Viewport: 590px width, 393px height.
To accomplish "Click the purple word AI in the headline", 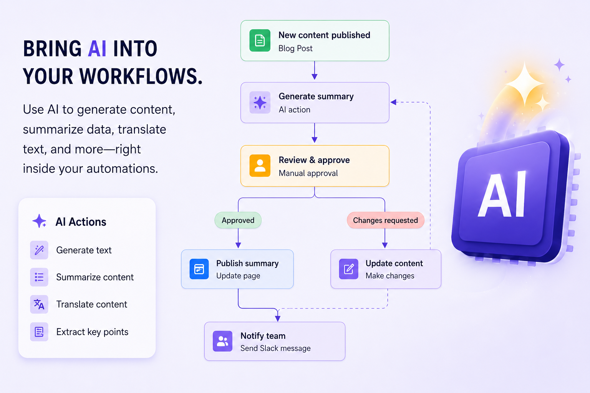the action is pos(97,49).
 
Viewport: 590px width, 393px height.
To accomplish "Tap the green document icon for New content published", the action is pos(260,41).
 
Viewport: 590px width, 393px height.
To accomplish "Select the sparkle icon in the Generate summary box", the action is pos(260,102).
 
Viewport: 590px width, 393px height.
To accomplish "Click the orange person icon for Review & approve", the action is pos(260,165).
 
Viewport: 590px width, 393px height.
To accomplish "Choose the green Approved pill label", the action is pos(238,220).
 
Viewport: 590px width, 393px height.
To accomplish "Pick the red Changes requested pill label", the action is pos(385,220).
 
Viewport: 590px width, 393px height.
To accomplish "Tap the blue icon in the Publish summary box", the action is pos(199,269).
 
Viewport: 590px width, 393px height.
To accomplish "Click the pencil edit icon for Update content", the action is pos(348,269).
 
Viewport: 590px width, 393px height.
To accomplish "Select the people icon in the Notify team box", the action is pos(222,341).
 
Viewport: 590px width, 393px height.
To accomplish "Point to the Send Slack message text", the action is pos(275,348).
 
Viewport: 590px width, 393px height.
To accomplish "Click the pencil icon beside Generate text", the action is pos(39,250).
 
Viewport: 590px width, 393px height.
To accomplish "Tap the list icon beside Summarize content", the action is pos(39,277).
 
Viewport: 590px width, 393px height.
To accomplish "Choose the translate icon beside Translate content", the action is pos(39,304).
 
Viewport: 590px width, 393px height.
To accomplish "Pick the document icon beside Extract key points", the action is pos(39,332).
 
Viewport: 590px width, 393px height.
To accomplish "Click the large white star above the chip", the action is pos(525,84).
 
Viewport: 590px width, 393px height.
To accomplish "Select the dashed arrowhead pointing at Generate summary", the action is pos(393,102).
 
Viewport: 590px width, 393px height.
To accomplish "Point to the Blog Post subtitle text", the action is pos(295,48).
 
